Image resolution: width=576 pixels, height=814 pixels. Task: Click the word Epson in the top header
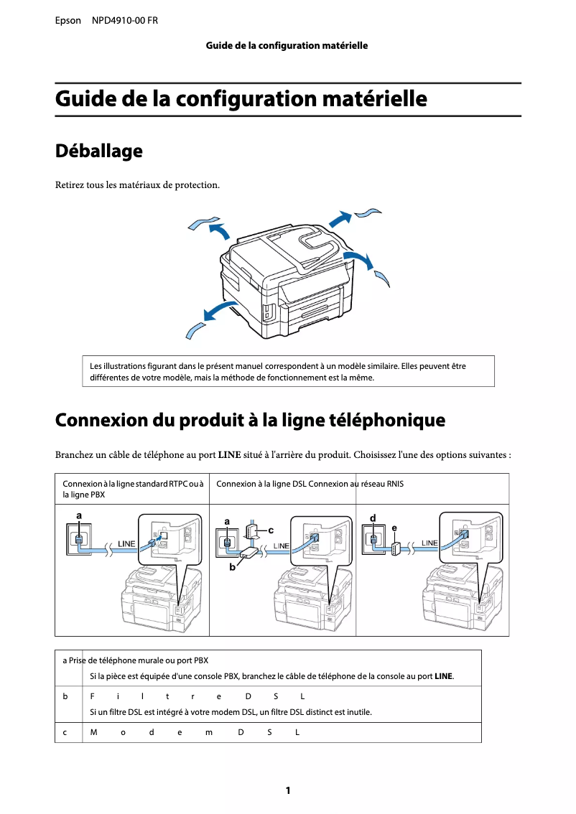tap(68, 21)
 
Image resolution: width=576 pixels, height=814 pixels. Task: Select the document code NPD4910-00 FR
tap(125, 21)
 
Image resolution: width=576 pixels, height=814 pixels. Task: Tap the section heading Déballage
tap(98, 151)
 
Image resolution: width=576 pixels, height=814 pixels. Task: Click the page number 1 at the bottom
tap(288, 790)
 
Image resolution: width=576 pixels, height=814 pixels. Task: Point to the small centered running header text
tap(287, 46)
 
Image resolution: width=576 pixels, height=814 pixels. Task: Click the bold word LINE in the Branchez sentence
tap(229, 454)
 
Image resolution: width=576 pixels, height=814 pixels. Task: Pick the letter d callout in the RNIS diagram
tap(372, 518)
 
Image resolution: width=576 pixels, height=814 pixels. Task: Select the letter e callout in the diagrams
tap(394, 528)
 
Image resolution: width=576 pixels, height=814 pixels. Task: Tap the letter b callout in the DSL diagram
tap(232, 567)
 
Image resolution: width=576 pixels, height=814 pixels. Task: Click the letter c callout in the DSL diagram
tap(271, 530)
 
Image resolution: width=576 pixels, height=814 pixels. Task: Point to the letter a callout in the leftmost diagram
tap(78, 515)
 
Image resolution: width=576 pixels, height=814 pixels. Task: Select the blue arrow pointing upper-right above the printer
tap(340, 217)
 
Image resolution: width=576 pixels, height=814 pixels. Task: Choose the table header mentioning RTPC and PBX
tap(132, 489)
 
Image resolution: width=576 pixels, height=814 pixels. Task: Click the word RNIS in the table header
tap(395, 484)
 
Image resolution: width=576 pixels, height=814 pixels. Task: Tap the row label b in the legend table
tap(65, 696)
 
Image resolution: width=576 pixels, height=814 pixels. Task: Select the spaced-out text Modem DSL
tap(194, 732)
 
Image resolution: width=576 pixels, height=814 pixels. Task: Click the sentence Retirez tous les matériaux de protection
tap(138, 185)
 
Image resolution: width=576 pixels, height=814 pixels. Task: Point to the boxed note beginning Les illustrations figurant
tap(288, 371)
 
